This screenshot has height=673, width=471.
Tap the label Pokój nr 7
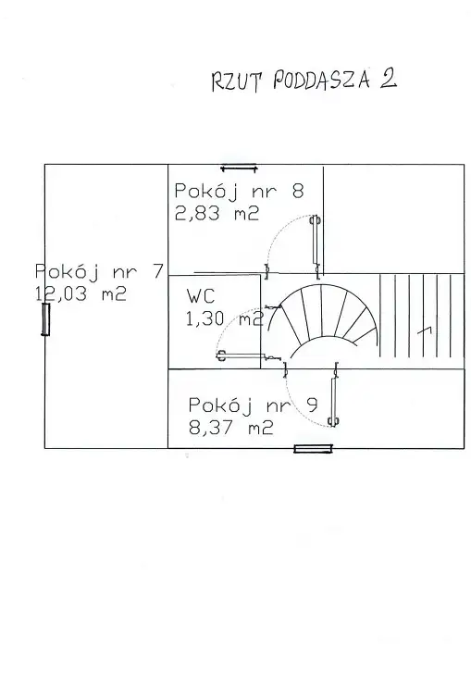(x=99, y=271)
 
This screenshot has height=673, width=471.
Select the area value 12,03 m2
(x=81, y=294)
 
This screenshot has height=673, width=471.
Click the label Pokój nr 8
(x=239, y=191)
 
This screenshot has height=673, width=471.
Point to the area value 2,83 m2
(x=217, y=213)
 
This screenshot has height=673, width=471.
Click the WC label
(x=200, y=296)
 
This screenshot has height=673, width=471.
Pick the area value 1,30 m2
(x=224, y=318)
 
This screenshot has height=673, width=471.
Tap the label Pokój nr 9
(x=254, y=405)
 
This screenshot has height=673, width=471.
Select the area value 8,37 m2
(x=230, y=428)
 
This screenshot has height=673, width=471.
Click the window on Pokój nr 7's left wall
(x=45, y=318)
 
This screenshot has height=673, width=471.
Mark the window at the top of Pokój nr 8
(x=239, y=168)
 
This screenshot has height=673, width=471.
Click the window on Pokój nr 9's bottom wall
(x=313, y=449)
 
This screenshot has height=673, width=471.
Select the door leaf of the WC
(x=246, y=355)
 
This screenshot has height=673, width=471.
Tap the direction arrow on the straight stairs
(x=425, y=330)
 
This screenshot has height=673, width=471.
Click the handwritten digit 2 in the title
(x=388, y=79)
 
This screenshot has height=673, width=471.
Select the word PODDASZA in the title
(x=321, y=81)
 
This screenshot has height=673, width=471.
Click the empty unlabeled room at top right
(x=393, y=218)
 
